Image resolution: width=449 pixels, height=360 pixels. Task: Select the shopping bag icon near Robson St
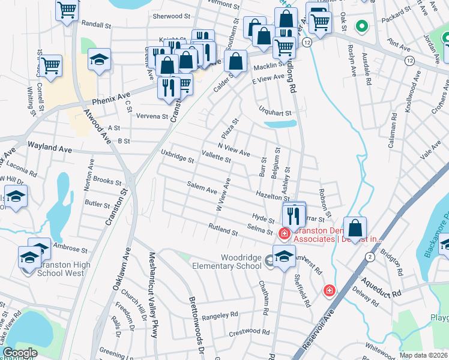355,229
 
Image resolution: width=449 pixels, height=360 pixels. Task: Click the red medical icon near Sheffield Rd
329,291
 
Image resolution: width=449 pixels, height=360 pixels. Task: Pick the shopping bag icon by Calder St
237,61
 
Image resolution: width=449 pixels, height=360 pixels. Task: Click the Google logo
20,353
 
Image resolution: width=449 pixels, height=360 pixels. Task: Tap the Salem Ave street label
202,188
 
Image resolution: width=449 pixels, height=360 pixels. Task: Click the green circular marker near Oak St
361,26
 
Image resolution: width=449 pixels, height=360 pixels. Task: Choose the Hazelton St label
273,196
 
